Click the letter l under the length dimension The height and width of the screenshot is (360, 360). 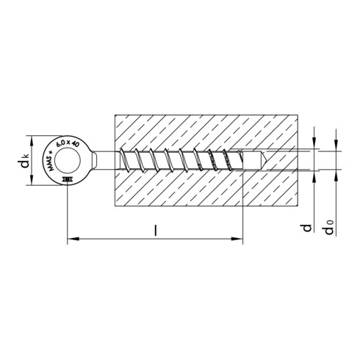[156, 229]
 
